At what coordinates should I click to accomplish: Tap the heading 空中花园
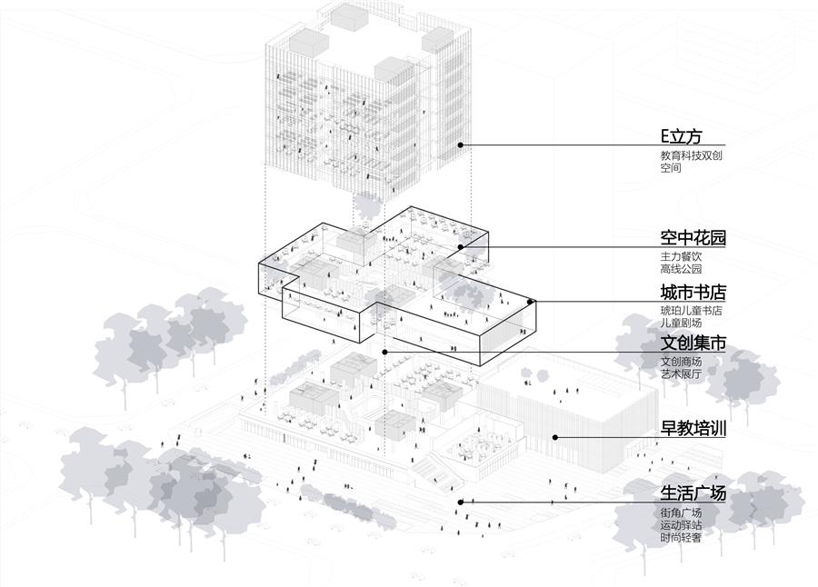point(693,239)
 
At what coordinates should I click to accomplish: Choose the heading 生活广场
point(693,493)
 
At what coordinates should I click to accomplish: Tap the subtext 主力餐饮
point(682,256)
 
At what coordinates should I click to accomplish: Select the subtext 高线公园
point(682,269)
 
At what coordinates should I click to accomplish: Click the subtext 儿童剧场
point(682,323)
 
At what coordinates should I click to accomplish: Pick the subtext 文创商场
point(682,362)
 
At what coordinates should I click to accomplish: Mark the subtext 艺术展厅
point(682,374)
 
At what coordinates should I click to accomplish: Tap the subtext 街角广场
point(682,512)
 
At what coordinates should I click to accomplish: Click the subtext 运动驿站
point(682,525)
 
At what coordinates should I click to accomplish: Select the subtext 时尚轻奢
point(682,538)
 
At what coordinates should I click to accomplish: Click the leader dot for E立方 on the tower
point(461,144)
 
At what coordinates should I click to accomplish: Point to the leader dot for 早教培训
point(556,437)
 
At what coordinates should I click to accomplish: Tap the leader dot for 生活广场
point(461,501)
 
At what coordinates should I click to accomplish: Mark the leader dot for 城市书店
point(533,300)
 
